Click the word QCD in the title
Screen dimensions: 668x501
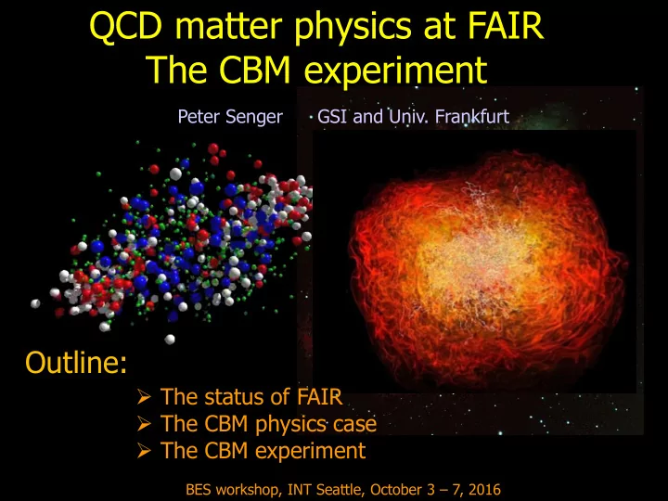[126, 27]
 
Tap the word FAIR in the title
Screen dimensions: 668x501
[506, 26]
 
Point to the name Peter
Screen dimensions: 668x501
[199, 116]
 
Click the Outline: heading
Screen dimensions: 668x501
[76, 363]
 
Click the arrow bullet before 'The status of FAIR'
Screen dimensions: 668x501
[145, 397]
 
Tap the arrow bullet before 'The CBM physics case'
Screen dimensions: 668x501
[145, 424]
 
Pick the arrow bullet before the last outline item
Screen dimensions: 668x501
[145, 451]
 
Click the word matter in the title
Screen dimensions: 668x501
[229, 27]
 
